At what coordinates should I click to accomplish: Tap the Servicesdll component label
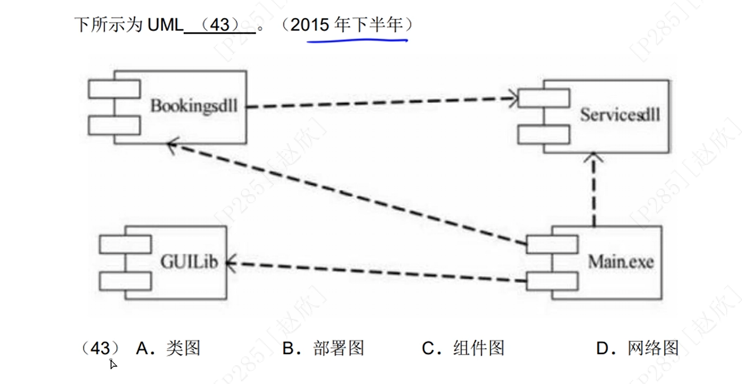click(620, 115)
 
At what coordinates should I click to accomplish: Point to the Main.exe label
click(621, 262)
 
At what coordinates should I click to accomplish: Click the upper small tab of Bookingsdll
click(114, 89)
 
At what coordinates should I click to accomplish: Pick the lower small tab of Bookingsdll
click(114, 125)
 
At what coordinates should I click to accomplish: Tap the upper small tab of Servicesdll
click(544, 98)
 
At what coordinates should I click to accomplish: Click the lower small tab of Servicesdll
click(544, 134)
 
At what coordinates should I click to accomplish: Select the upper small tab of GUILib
click(125, 244)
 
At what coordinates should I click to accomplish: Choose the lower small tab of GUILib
click(125, 280)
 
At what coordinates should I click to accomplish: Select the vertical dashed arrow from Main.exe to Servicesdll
click(593, 189)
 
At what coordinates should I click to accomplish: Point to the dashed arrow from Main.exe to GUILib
click(374, 271)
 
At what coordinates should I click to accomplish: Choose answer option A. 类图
click(168, 348)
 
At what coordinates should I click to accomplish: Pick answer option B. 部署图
click(323, 348)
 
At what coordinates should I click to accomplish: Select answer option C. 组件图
click(463, 348)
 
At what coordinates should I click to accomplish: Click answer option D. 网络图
click(637, 348)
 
